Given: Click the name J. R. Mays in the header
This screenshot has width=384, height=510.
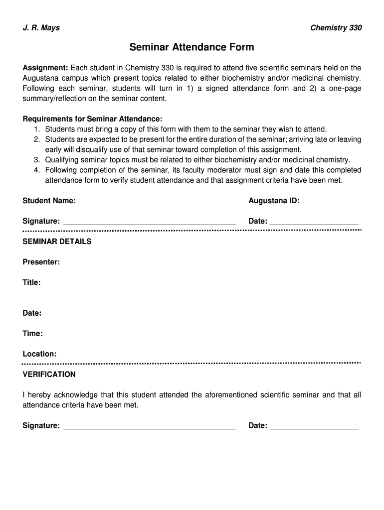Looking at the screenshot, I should (41, 28).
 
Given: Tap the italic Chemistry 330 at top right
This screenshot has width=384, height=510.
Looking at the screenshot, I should (336, 28).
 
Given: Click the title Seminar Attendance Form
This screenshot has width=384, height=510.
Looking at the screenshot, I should (192, 47).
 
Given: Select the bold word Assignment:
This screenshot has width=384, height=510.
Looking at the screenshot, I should (45, 68).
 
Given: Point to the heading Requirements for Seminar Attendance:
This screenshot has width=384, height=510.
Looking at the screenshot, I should (92, 119).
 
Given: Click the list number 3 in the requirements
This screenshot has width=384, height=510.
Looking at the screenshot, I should (36, 160).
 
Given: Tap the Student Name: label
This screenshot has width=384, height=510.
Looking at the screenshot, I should (49, 201).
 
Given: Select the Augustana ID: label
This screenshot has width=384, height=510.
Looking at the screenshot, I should (274, 201).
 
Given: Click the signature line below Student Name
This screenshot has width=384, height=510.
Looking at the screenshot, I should (150, 224).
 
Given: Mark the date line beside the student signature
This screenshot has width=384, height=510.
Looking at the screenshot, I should (314, 224).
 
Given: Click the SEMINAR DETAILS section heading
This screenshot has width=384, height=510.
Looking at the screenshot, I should (57, 242).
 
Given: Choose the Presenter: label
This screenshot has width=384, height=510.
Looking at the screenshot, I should (41, 262).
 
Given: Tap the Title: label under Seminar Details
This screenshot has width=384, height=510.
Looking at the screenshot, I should (31, 282).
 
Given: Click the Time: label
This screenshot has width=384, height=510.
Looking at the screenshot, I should (32, 334).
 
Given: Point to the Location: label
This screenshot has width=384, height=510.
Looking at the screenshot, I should (39, 354).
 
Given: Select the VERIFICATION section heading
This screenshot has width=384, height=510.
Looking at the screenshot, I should (49, 375).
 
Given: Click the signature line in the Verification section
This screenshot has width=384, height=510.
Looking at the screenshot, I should (150, 428).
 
